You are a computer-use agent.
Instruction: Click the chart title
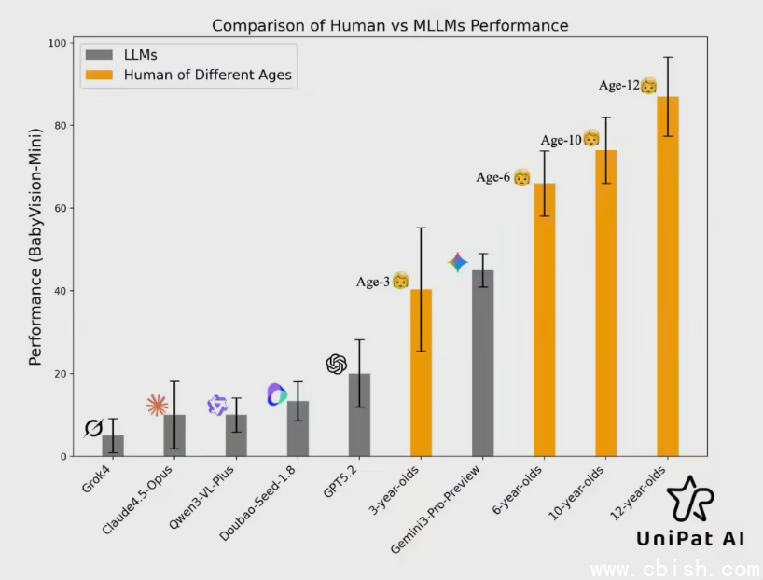click(390, 25)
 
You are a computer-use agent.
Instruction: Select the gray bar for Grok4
click(113, 446)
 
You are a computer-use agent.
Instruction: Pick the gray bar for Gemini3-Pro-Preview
click(482, 364)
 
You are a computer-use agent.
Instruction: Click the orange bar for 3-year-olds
click(421, 373)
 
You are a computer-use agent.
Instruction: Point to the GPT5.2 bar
click(359, 415)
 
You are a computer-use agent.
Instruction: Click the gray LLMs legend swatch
click(99, 57)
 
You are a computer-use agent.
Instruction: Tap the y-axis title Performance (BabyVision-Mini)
click(35, 249)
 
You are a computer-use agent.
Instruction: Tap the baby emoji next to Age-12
click(648, 86)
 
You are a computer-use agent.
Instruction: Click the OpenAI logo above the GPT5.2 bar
click(337, 365)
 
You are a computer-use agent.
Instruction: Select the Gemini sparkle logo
click(457, 262)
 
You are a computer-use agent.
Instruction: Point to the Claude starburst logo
click(158, 405)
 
